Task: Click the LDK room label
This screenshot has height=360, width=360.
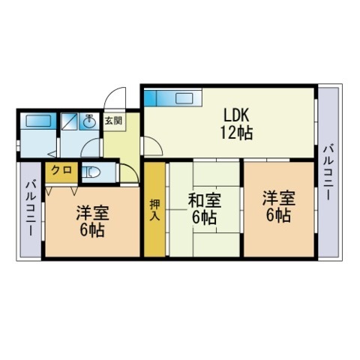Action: [x=236, y=115]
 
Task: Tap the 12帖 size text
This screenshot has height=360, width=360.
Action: [x=236, y=133]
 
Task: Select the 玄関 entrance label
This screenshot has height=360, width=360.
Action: [x=113, y=121]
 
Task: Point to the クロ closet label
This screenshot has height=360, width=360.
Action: [x=61, y=170]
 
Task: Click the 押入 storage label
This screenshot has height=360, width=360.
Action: [x=154, y=210]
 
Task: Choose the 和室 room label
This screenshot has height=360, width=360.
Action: [x=205, y=201]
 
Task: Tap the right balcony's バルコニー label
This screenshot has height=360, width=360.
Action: [x=328, y=172]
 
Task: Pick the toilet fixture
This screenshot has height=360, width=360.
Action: [x=91, y=172]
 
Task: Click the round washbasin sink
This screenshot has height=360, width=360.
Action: [x=89, y=121]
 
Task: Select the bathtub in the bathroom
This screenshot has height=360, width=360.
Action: [x=38, y=121]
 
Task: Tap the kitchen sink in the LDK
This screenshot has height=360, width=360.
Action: [x=184, y=98]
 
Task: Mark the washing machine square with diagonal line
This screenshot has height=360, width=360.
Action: [x=70, y=121]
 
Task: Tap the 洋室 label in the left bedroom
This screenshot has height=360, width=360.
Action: [x=92, y=213]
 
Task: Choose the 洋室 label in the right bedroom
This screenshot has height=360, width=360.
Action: [x=279, y=198]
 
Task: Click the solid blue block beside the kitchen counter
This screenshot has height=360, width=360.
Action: [x=150, y=98]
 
